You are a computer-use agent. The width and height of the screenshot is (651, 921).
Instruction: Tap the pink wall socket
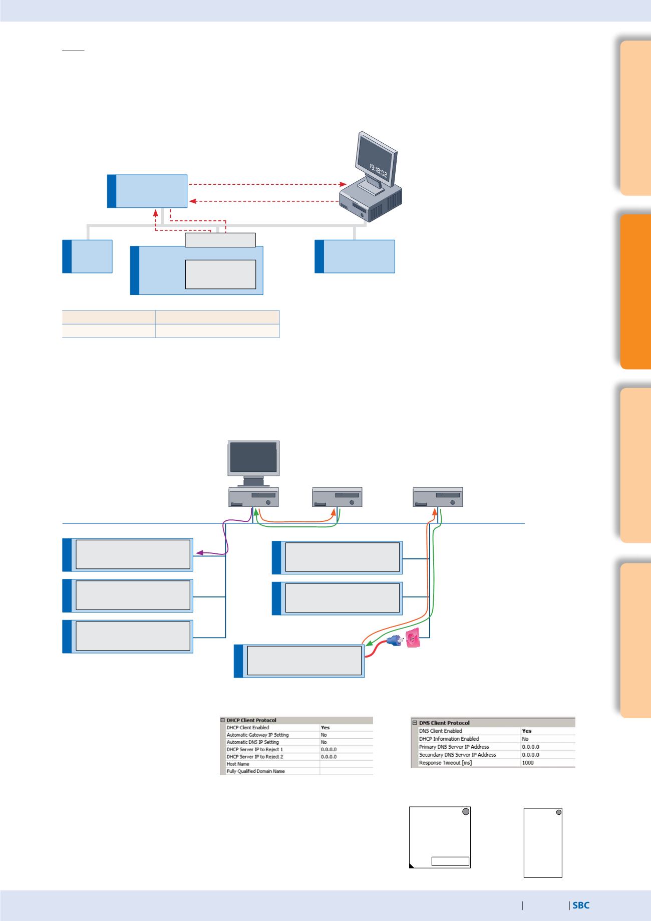(x=412, y=639)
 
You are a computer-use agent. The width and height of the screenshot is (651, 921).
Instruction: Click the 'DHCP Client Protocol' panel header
(x=251, y=720)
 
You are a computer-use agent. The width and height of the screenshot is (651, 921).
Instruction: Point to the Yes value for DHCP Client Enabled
(x=325, y=728)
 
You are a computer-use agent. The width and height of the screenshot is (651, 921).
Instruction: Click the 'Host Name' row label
(x=238, y=764)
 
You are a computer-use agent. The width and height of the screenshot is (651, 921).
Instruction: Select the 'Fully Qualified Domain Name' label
(x=255, y=771)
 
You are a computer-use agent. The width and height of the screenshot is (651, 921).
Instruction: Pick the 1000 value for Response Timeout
(x=527, y=763)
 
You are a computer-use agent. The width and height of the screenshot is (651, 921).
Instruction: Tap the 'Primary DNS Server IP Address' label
(x=454, y=747)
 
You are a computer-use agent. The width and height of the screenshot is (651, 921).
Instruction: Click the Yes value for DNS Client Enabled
(x=526, y=731)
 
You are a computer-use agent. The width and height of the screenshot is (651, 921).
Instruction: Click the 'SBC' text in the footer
(x=581, y=905)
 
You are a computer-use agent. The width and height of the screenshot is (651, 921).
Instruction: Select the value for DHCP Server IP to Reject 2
(x=329, y=757)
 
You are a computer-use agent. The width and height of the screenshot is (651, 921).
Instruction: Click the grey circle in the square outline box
(x=465, y=812)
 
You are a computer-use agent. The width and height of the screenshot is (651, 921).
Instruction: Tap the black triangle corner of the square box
(x=412, y=866)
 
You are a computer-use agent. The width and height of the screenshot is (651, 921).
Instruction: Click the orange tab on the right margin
(x=635, y=291)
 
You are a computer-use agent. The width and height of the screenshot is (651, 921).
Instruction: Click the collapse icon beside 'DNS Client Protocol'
(x=415, y=723)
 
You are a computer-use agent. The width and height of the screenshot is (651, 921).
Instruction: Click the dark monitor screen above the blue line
(x=253, y=457)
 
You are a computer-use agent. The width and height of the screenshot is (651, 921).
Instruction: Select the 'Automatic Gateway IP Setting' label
(x=257, y=735)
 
